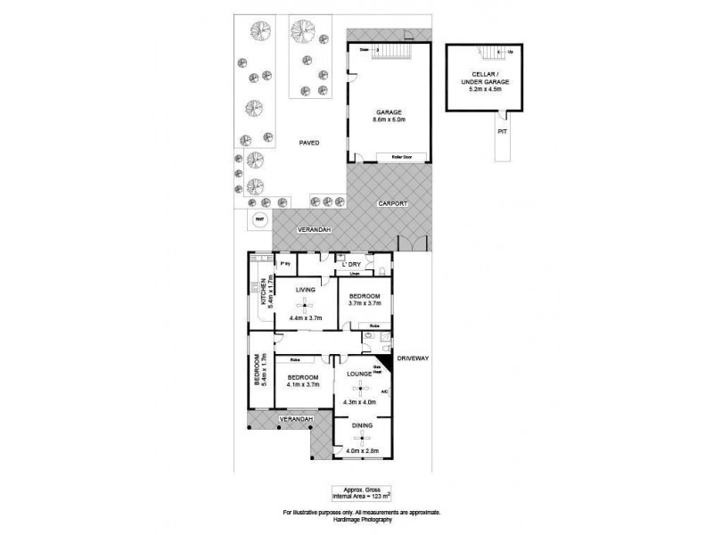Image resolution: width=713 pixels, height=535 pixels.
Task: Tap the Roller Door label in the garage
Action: pos(389,157)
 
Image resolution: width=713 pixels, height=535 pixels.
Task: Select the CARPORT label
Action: pos(393,203)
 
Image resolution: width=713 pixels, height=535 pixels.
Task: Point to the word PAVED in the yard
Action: pos(309,143)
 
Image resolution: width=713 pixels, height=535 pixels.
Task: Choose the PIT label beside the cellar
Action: pos(501,130)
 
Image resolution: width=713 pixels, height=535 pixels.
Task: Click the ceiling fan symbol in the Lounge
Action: pos(361,388)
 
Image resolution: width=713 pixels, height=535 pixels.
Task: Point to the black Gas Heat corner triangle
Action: pos(384,364)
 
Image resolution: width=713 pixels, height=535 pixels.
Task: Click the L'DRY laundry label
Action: pos(348,264)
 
